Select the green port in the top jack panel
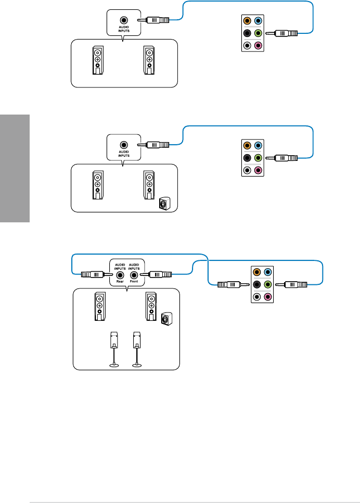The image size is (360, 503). click(259, 33)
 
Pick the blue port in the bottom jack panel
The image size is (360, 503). click(268, 272)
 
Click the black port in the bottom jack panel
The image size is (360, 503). click(256, 284)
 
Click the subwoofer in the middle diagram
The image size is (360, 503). click(164, 204)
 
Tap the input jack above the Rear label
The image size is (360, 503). click(120, 275)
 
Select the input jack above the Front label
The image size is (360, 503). click(134, 275)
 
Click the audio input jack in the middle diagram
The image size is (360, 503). click(123, 145)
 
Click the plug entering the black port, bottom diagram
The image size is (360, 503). click(229, 285)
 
